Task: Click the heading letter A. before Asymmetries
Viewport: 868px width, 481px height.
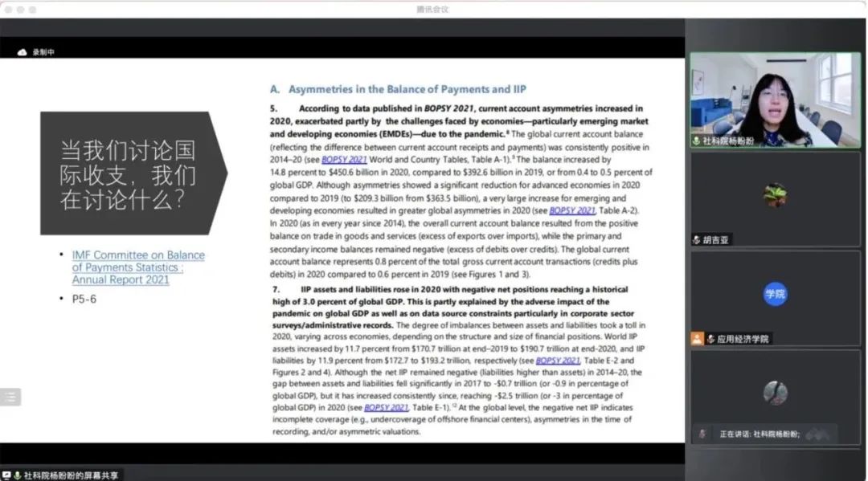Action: point(275,89)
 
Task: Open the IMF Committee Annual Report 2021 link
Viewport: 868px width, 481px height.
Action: point(137,267)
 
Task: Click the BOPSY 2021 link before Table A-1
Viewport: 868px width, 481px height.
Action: point(345,160)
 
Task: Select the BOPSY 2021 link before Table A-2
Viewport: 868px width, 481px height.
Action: point(572,210)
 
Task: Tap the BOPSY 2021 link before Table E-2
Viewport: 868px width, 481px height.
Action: point(558,361)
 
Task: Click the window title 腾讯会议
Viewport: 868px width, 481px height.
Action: point(432,9)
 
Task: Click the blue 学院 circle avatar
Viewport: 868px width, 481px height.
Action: point(775,295)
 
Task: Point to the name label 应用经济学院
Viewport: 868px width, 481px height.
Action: point(737,339)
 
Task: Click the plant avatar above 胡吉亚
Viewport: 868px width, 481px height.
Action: point(775,195)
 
